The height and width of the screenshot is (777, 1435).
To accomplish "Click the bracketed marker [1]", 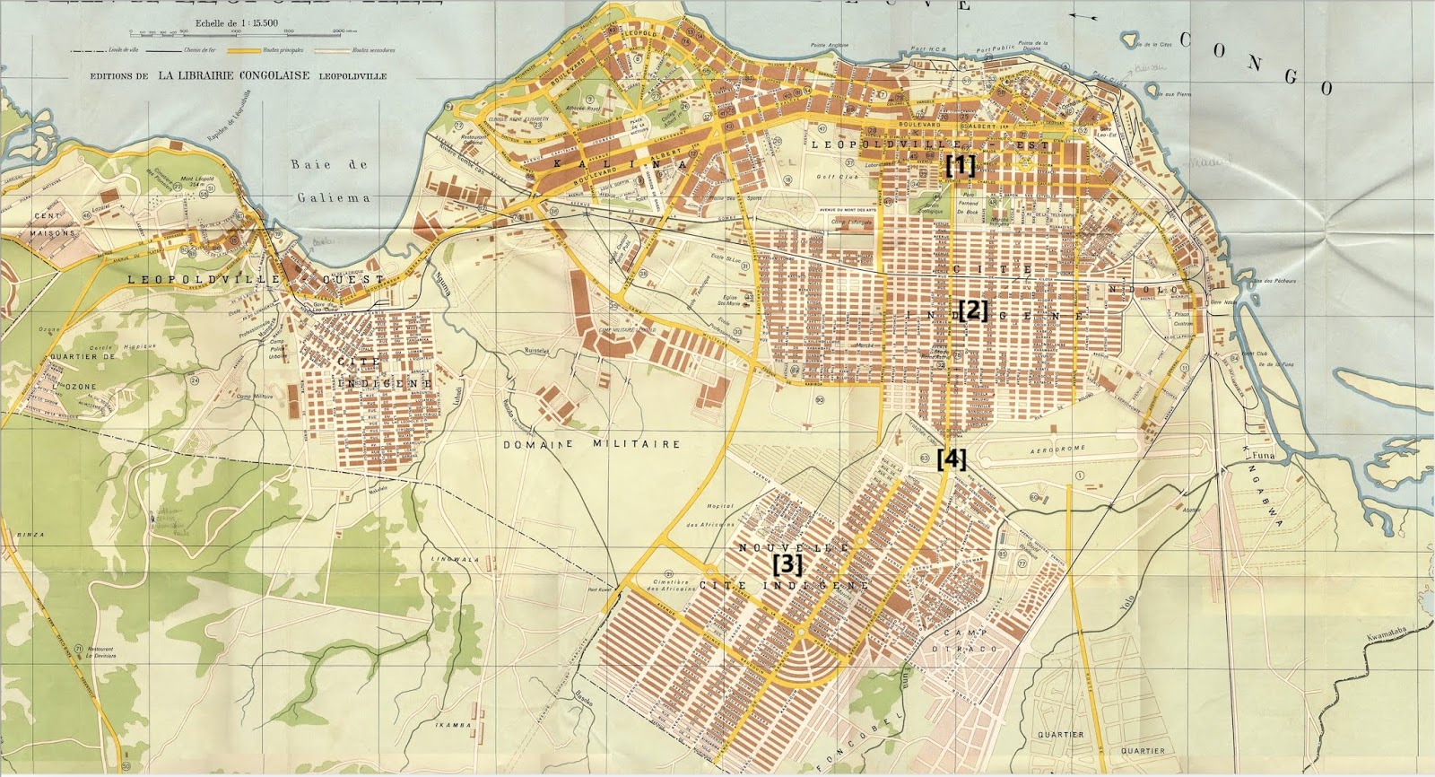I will coord(960,165).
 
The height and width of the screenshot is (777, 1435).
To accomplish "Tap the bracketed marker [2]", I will coord(973,311).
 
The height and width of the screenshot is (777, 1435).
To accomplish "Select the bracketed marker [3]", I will coord(787,564).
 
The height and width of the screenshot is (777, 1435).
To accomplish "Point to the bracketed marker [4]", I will coord(952,459).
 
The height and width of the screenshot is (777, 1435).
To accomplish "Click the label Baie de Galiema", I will coord(331,180).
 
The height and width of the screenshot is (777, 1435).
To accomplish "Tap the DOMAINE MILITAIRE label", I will coord(591,444).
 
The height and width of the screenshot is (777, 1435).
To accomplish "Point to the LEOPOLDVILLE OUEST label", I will coord(255,279).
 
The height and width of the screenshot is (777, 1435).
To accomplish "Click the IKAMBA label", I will coord(453,725).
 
